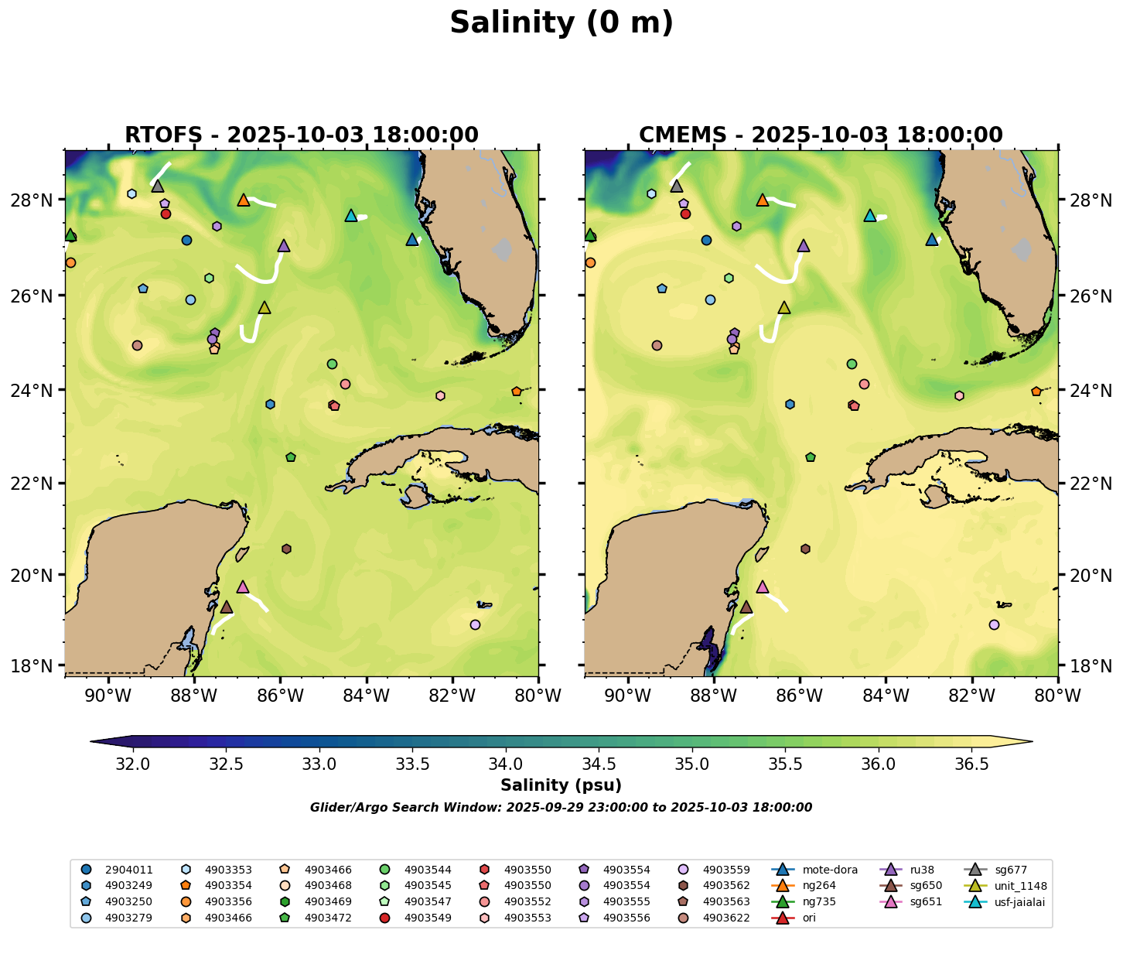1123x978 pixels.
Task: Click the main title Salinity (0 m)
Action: pos(561,23)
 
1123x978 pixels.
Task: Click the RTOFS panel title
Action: pos(302,135)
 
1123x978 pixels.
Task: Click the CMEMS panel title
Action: pos(821,135)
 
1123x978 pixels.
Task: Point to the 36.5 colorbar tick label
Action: pos(972,764)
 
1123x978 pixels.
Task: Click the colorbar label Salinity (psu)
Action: pos(561,785)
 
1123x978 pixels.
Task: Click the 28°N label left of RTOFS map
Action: pos(38,200)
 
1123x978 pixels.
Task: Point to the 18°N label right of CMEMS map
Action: pos(1084,666)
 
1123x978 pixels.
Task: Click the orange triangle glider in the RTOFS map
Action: pos(244,200)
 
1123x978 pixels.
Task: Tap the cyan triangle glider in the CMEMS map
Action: pos(870,216)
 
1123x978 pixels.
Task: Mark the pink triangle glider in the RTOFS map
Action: pos(243,587)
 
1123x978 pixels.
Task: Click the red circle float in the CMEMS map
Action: pos(685,214)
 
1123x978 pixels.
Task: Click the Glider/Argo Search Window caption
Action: pos(561,808)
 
